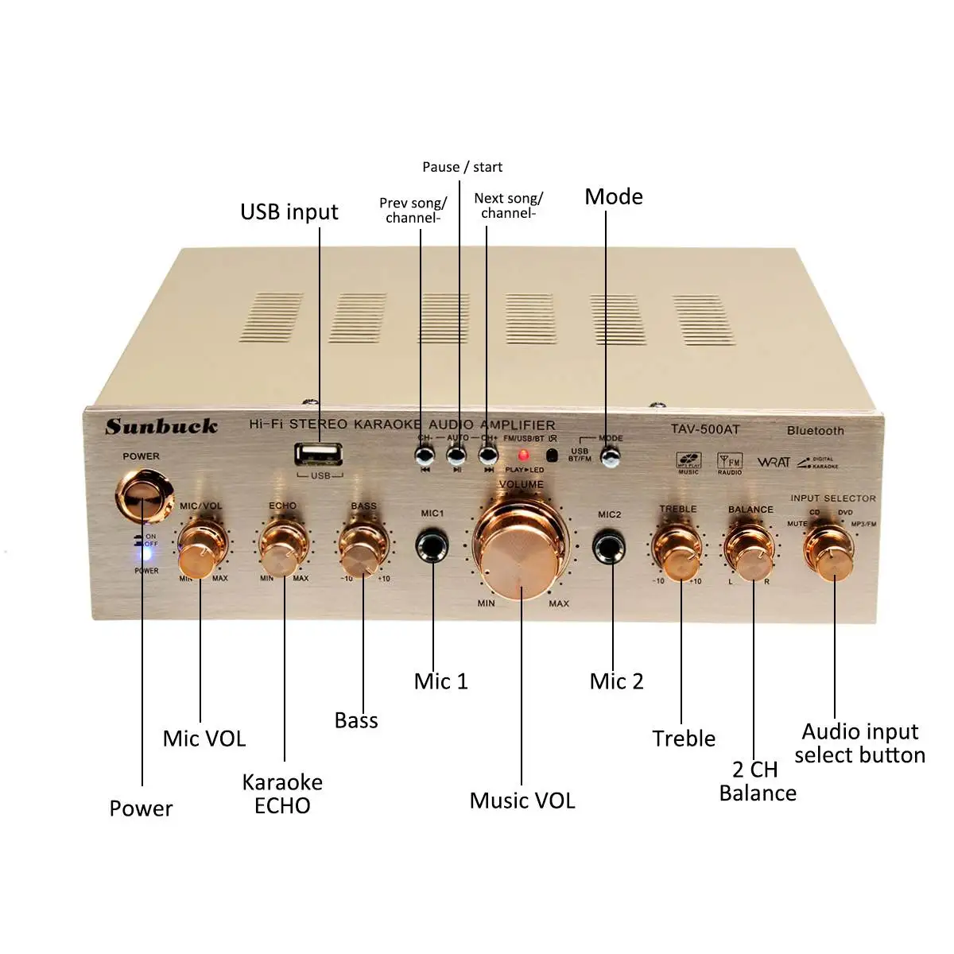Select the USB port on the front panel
point(319,455)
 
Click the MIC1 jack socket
point(432,546)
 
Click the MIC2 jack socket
point(609,547)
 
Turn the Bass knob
point(363,549)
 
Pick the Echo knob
point(281,549)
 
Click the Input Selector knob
point(830,550)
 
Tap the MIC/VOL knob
point(200,550)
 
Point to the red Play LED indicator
point(523,456)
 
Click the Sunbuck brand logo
point(161,427)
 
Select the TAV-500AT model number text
point(704,429)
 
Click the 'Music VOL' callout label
point(522,801)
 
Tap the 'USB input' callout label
point(289,212)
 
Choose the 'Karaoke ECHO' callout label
point(282,793)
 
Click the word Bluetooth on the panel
point(815,431)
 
